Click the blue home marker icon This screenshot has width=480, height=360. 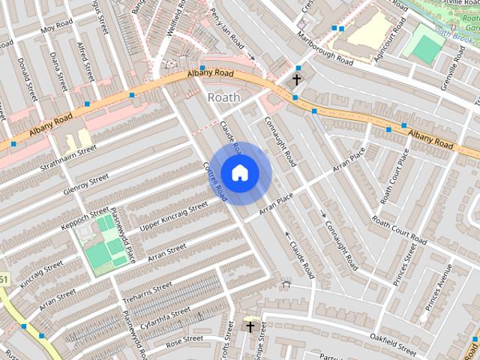(239, 173)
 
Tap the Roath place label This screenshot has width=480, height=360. (223, 97)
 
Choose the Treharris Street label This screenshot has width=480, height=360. (148, 294)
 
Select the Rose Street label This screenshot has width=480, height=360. (184, 340)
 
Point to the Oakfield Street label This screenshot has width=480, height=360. (388, 347)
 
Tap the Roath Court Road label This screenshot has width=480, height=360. (399, 232)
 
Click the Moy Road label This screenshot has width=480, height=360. (58, 28)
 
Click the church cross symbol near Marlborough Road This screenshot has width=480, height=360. (296, 79)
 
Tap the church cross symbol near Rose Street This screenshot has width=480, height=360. (250, 328)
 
